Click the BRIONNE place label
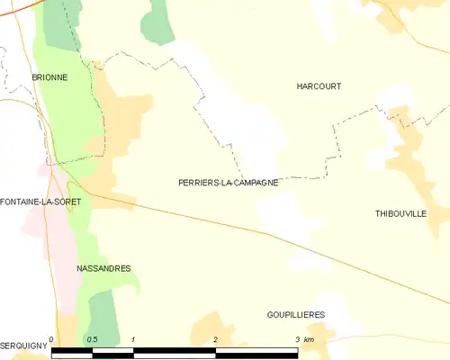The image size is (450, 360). pos(49,77)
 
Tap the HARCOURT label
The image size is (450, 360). pos(319,86)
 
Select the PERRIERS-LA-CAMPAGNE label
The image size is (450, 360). pos(228,182)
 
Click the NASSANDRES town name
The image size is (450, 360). pos(104,268)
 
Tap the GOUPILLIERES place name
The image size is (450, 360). pos(295,314)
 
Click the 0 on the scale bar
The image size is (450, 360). pos(52,339)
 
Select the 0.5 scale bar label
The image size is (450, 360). pos(91,339)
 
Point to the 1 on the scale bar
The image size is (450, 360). pos(133,339)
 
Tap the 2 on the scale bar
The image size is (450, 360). pos(216,339)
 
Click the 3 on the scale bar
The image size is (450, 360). pos(298,339)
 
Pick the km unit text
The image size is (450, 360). pos(310,339)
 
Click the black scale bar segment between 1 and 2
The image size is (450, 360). pos(175,353)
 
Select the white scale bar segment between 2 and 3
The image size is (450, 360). pos(257,353)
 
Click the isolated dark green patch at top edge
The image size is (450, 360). pos(159,20)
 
